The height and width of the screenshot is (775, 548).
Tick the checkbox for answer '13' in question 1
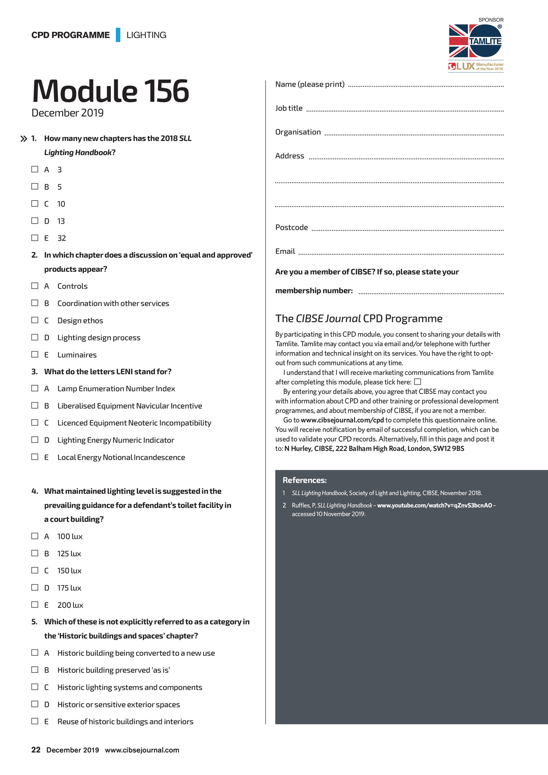tap(35, 221)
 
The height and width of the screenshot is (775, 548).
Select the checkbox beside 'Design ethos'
tap(35, 320)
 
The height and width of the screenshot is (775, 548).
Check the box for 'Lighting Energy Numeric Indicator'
tap(35, 440)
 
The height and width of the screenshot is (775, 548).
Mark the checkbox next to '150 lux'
tap(35, 570)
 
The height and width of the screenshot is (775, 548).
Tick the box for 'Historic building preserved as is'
tap(35, 670)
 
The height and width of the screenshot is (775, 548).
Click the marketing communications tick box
tap(418, 382)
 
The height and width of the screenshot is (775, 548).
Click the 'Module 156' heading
tap(110, 91)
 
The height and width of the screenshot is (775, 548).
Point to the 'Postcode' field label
tap(291, 227)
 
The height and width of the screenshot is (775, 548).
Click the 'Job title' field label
tap(289, 108)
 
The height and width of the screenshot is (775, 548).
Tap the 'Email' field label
tap(285, 251)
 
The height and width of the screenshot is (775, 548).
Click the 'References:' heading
tap(304, 480)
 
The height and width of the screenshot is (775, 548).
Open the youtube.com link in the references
tap(434, 505)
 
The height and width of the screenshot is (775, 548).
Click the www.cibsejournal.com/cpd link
tap(342, 420)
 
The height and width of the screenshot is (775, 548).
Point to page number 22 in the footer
tap(36, 750)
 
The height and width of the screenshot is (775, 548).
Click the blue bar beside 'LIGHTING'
tap(118, 35)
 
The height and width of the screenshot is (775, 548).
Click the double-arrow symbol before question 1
tap(23, 139)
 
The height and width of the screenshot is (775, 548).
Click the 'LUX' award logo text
tap(465, 67)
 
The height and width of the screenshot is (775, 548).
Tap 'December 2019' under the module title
tap(67, 113)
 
